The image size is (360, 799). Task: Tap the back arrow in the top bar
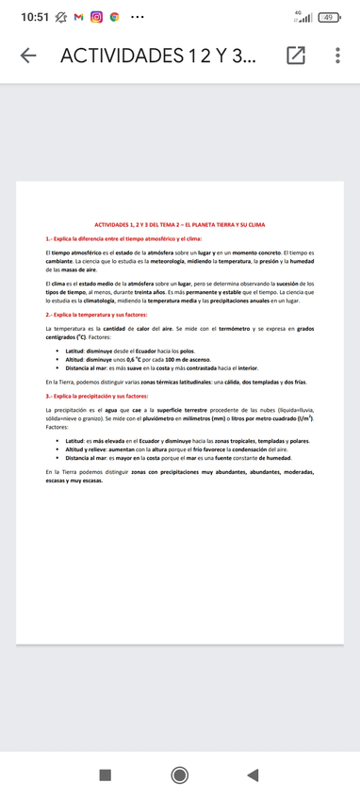click(28, 57)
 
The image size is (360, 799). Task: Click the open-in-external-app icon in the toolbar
click(296, 57)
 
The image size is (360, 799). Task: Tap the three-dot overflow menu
click(337, 57)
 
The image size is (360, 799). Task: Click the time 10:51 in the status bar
click(35, 18)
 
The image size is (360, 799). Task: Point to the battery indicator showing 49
click(329, 18)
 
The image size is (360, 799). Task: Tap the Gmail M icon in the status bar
click(78, 18)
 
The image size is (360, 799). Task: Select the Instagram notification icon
click(96, 18)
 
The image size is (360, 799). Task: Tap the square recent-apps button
click(106, 775)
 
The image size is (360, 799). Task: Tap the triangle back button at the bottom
click(252, 775)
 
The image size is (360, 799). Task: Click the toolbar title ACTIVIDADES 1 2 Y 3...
click(155, 57)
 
